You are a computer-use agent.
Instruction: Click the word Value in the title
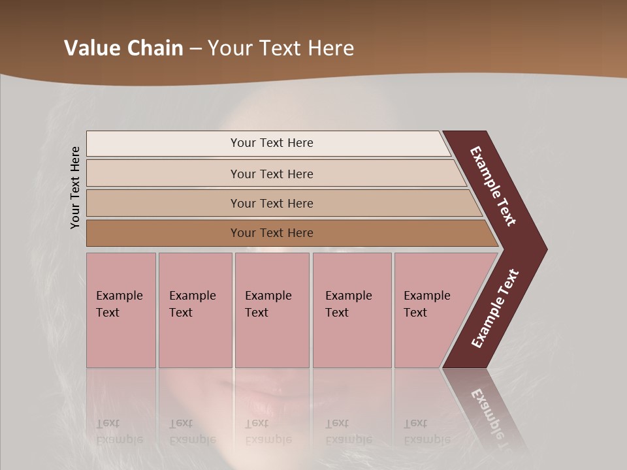click(x=91, y=48)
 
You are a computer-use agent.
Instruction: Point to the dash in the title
click(x=195, y=49)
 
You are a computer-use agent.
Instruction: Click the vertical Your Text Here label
click(x=75, y=188)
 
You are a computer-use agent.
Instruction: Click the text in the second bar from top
click(x=272, y=174)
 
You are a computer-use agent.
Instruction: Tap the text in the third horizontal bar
click(x=272, y=204)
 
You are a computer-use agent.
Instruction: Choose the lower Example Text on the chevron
click(x=495, y=309)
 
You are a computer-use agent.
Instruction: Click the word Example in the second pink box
click(x=192, y=296)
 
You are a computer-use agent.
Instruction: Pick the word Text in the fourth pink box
click(x=337, y=313)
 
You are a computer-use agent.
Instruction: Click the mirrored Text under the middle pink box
click(x=257, y=424)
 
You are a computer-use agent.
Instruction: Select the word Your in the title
click(x=228, y=48)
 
